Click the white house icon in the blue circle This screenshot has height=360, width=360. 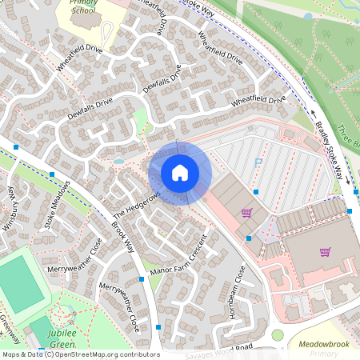pyautogui.click(x=180, y=173)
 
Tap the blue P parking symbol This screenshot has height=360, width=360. pyautogui.click(x=258, y=162)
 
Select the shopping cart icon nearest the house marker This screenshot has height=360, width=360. pyautogui.click(x=246, y=213)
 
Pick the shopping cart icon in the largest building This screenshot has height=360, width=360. pyautogui.click(x=325, y=251)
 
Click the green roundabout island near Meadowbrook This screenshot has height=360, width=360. pyautogui.click(x=278, y=334)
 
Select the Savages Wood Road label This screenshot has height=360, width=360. pyautogui.click(x=224, y=353)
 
